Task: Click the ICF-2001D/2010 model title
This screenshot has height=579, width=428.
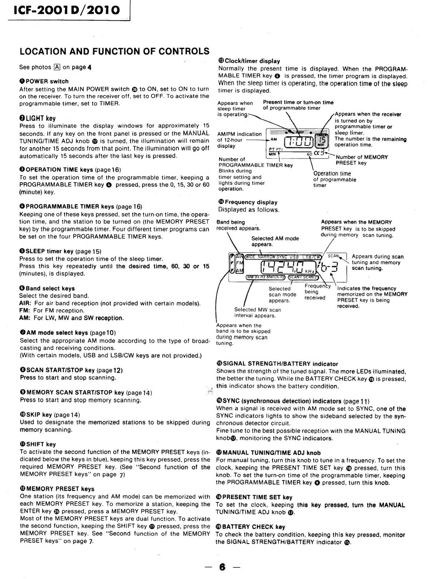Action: click(x=67, y=10)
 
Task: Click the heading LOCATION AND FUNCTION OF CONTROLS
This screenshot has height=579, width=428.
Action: click(x=114, y=51)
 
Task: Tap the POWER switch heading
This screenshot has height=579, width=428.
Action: click(x=44, y=81)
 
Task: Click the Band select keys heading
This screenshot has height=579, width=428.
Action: click(x=47, y=288)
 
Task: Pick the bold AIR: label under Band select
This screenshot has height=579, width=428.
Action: click(x=25, y=303)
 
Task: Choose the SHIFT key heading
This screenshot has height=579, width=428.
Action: click(x=38, y=444)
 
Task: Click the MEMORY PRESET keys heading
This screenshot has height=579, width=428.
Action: click(x=57, y=489)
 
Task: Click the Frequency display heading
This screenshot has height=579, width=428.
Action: click(x=248, y=202)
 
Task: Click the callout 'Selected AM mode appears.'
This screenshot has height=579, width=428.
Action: click(x=275, y=241)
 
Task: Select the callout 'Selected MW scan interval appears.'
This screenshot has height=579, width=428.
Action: click(x=257, y=312)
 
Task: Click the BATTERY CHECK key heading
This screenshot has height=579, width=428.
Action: click(x=251, y=527)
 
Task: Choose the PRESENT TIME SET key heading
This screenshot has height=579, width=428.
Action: click(x=254, y=497)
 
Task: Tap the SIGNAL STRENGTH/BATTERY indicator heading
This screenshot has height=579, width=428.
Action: click(x=277, y=364)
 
